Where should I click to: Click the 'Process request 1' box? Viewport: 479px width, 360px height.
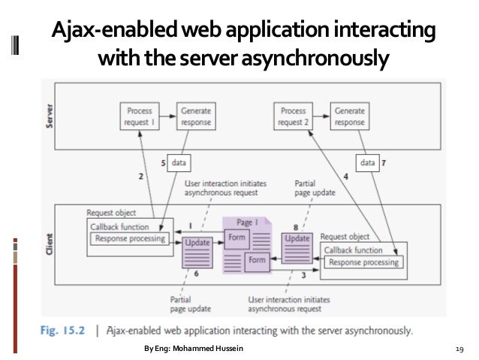click(140, 116)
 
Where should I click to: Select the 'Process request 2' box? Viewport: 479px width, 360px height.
click(293, 116)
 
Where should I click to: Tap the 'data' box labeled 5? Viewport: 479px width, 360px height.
click(179, 161)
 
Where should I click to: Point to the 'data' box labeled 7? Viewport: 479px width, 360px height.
click(369, 161)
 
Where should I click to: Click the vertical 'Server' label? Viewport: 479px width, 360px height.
click(51, 116)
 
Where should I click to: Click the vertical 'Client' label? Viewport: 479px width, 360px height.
click(51, 242)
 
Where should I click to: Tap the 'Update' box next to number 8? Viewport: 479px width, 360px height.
click(295, 237)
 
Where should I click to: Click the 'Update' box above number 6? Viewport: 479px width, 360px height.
click(196, 244)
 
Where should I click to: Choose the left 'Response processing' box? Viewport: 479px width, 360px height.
click(128, 239)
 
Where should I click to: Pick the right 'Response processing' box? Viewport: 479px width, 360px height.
click(364, 262)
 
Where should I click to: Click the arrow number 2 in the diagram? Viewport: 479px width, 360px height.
click(140, 177)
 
